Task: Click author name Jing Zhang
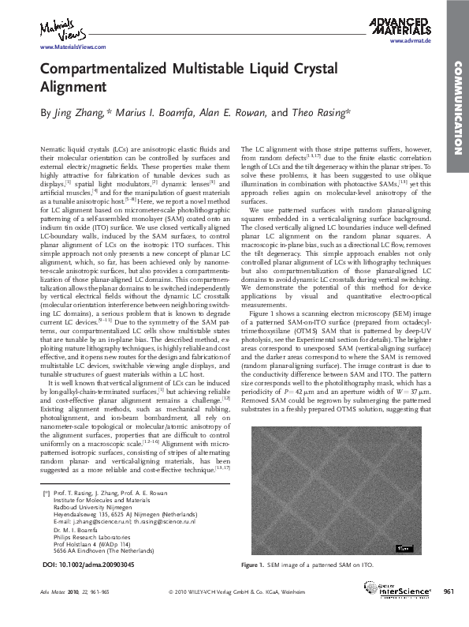[80, 114]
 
